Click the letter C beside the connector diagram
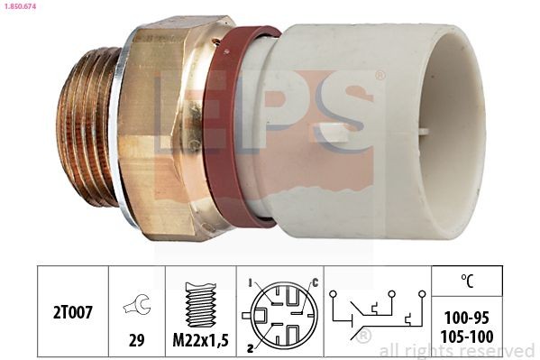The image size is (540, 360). coord(314,283)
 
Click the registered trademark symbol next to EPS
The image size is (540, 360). coord(380,76)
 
